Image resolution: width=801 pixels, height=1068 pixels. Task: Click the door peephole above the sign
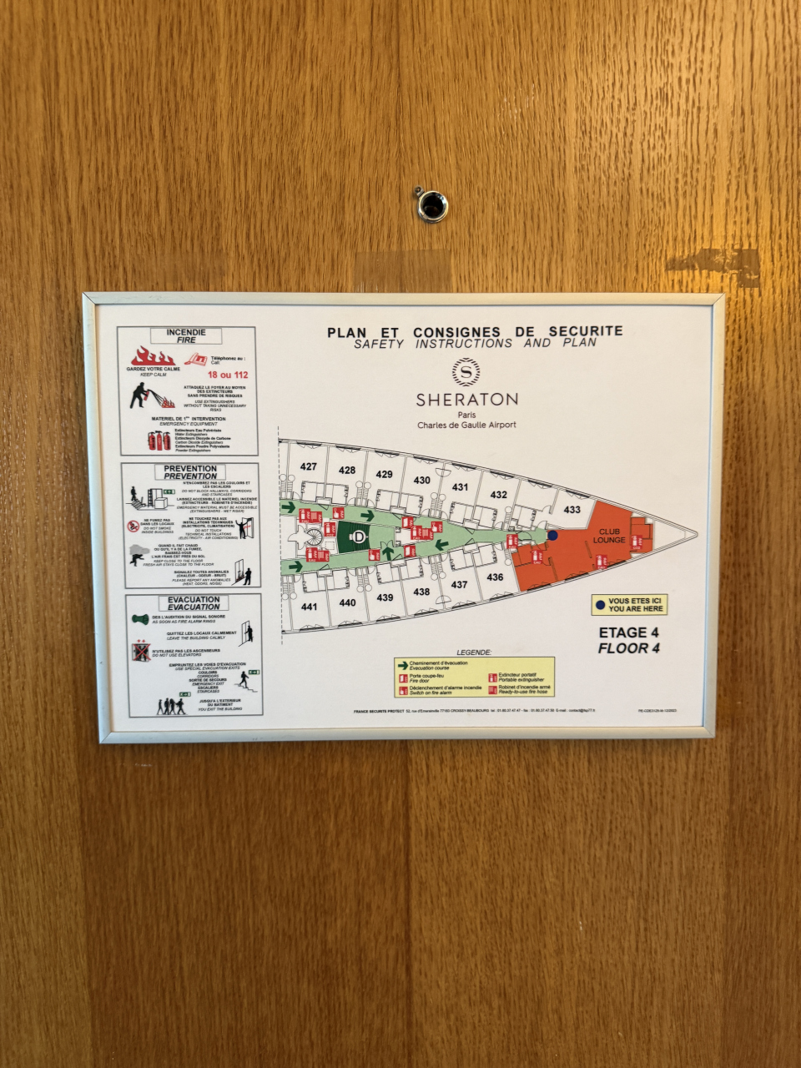(432, 204)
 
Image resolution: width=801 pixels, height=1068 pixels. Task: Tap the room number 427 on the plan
(309, 466)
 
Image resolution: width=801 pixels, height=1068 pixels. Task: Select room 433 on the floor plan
(572, 510)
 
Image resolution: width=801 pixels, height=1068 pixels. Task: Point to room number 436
(495, 577)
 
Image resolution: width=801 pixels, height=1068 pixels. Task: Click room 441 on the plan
(310, 607)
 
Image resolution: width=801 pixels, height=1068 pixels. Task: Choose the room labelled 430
(422, 480)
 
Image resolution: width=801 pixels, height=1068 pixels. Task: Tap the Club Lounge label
(609, 536)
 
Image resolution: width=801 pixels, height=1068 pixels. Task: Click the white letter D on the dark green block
(359, 537)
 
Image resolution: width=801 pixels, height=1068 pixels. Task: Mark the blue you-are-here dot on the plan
(552, 535)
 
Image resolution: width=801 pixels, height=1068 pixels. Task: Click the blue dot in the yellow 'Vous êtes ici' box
(600, 605)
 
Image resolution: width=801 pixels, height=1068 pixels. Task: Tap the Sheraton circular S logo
(466, 372)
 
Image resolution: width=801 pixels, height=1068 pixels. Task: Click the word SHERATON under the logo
(466, 400)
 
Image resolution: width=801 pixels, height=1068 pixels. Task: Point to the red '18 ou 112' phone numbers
(228, 375)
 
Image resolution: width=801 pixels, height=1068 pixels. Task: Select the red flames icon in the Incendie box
(152, 356)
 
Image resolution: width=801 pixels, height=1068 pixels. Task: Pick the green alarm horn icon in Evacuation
(140, 619)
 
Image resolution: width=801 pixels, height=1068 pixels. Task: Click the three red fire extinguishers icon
(159, 441)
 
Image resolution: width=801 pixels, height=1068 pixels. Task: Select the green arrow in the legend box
(402, 664)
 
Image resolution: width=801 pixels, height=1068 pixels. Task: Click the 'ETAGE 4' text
(628, 632)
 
